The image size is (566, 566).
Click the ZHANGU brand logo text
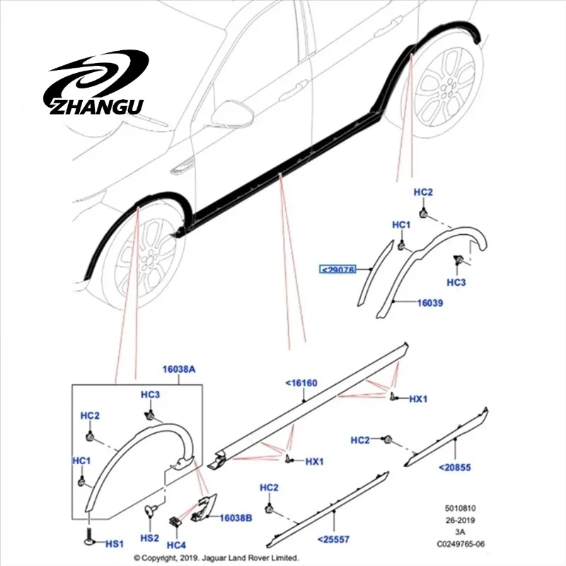(x=96, y=107)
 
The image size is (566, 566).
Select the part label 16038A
(x=179, y=369)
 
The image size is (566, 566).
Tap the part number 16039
(x=430, y=303)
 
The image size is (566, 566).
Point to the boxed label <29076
(x=338, y=270)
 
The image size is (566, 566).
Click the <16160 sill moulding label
(x=301, y=383)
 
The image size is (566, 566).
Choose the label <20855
(x=455, y=468)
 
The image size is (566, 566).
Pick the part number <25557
(x=333, y=540)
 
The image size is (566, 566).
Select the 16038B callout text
(x=236, y=518)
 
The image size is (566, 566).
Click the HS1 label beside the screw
(x=115, y=543)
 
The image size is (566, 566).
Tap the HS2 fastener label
(x=149, y=538)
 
